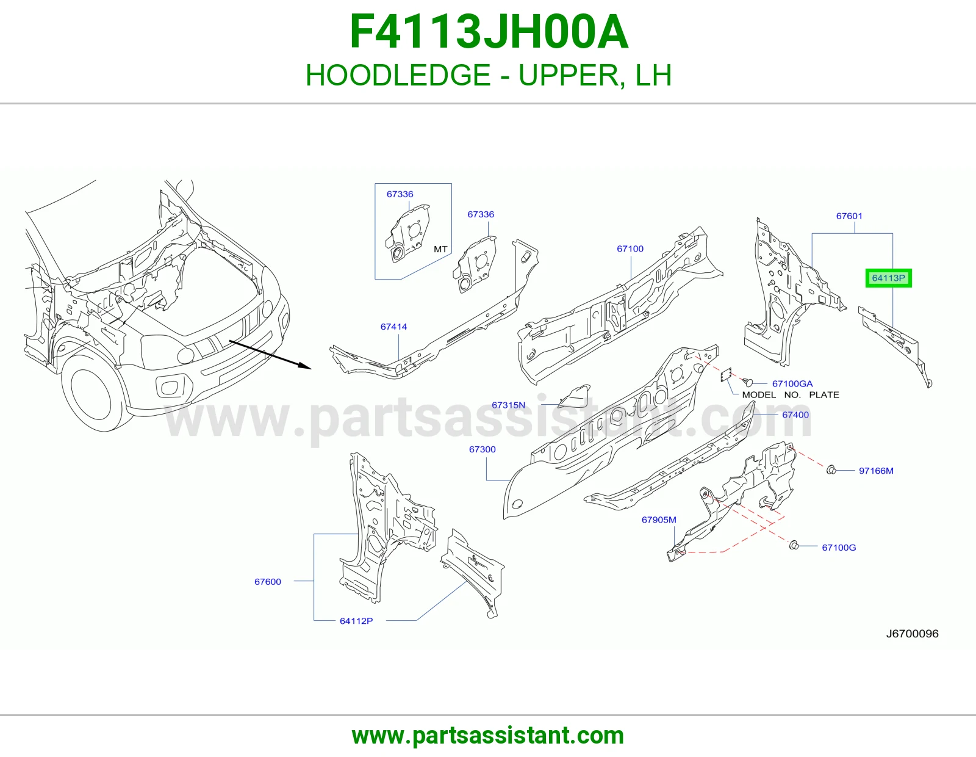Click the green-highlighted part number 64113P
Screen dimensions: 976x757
coord(888,278)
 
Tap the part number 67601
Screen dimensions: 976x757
coord(849,216)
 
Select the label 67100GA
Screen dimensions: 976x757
coord(792,383)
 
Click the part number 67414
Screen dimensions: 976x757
coord(393,327)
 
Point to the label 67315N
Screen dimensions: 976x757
coord(508,405)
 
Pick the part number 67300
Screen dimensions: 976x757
coord(482,449)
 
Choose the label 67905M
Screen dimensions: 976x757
coord(658,520)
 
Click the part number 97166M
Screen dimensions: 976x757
coord(876,471)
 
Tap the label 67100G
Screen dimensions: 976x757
coord(839,548)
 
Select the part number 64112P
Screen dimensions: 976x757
coord(356,621)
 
